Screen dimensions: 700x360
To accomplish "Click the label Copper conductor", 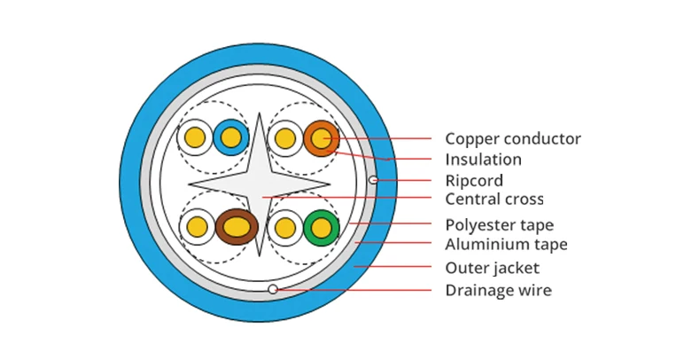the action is (513, 139).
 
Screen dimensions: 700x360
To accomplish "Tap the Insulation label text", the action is (483, 160).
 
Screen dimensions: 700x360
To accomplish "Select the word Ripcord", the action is (474, 181).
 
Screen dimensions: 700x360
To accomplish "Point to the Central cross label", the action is (494, 199).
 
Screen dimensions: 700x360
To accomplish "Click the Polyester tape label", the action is (499, 224).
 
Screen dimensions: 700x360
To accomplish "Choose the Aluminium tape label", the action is (506, 245).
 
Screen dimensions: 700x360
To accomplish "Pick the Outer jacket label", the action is (492, 268).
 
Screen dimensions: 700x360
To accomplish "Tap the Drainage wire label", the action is (498, 290).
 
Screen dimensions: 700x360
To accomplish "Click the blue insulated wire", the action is (230, 137).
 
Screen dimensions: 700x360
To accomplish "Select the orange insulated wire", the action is (322, 138).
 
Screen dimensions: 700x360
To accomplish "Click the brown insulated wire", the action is (237, 227).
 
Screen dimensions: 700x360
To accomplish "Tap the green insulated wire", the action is (322, 228).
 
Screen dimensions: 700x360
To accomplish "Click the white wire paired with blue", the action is (195, 137).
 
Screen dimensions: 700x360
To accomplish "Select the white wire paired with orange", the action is (285, 138).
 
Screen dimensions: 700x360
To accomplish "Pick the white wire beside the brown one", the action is (197, 227).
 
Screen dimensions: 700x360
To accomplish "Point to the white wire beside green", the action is (285, 228).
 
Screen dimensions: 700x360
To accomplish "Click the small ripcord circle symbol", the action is (373, 180).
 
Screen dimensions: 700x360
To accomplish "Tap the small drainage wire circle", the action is (273, 289).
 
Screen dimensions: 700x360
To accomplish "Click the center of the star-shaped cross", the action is (260, 184).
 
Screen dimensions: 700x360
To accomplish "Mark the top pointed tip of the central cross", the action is (260, 113).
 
